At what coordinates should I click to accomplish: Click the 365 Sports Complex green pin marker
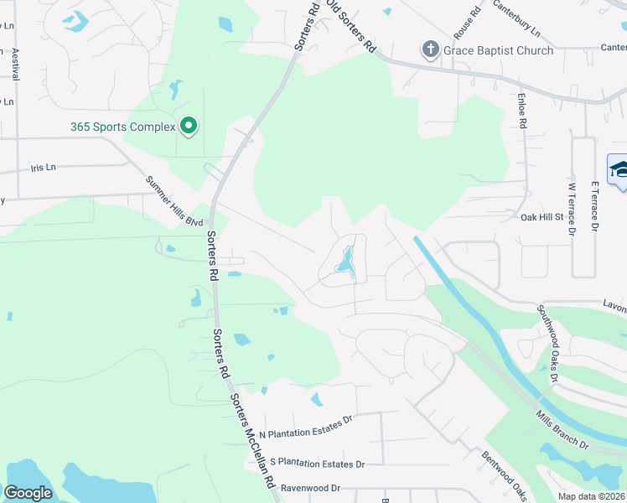click(189, 127)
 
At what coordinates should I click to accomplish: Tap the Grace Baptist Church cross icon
click(431, 50)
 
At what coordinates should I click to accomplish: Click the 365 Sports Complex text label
click(122, 127)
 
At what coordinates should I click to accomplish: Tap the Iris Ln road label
click(42, 168)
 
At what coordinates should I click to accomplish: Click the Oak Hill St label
click(540, 217)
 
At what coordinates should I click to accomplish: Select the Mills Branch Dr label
click(565, 417)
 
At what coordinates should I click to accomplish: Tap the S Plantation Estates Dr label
click(318, 463)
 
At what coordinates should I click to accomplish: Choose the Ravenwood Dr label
click(311, 488)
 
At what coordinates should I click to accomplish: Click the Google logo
click(28, 492)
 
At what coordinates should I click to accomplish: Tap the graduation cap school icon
click(619, 170)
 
